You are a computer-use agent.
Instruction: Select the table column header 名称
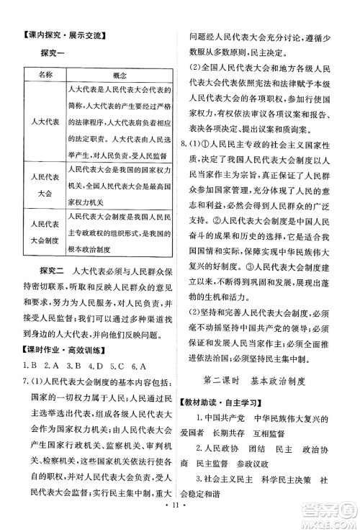[x=45, y=76]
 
